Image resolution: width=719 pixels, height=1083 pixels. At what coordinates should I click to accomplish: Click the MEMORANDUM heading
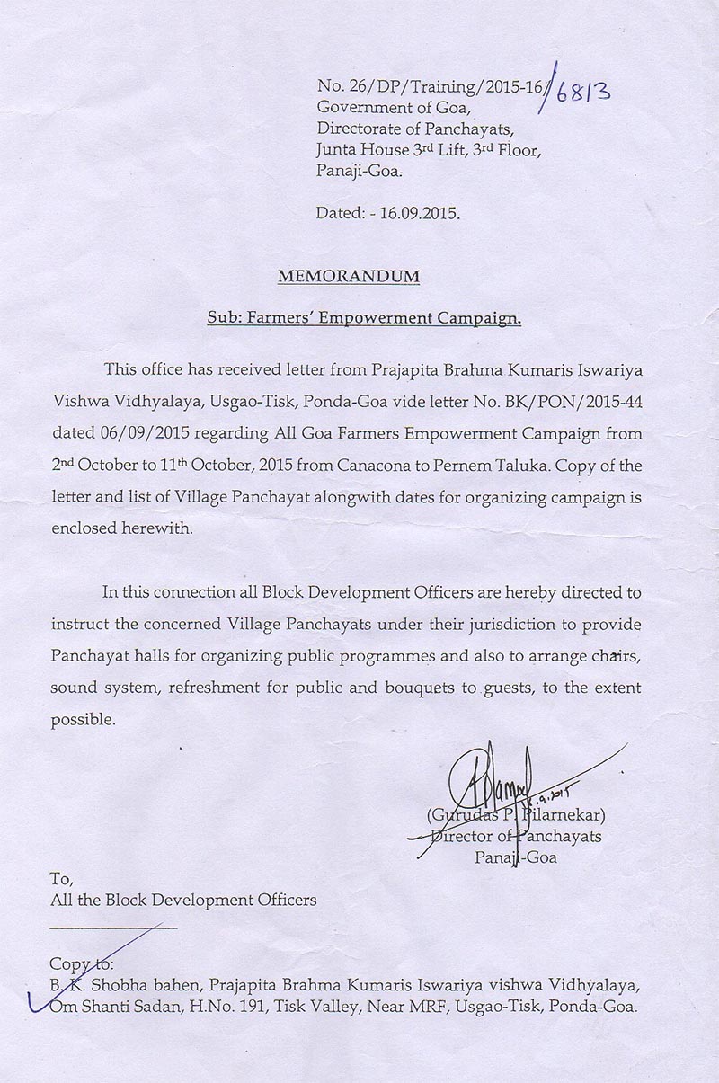pyautogui.click(x=348, y=277)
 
